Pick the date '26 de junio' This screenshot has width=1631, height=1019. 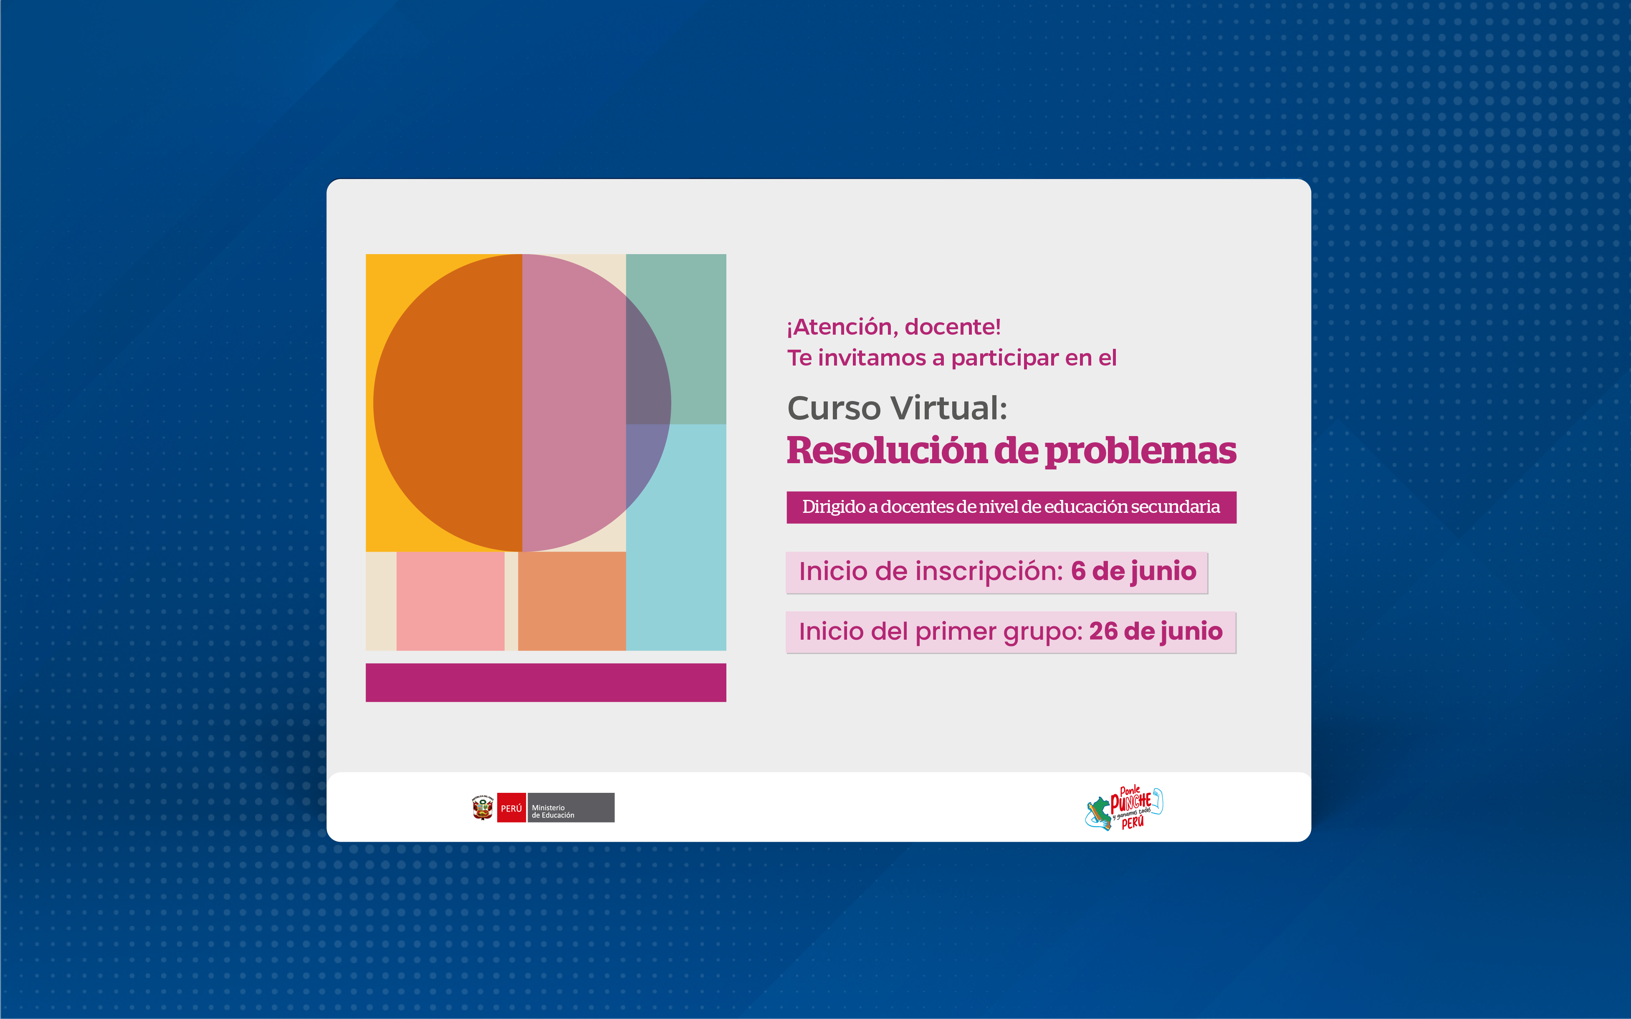1156,631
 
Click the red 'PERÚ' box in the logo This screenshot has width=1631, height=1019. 511,807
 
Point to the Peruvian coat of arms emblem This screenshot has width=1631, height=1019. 483,807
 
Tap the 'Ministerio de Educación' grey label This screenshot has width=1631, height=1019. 570,807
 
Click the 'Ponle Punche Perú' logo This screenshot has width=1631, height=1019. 1124,807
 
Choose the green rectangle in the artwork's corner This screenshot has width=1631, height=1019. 675,339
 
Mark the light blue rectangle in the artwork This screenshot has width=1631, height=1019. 675,537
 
